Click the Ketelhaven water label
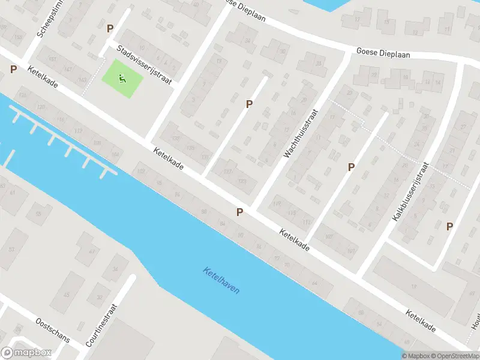[221, 280]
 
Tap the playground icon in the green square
[122, 78]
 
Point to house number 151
[53, 59]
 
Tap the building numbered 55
[38, 214]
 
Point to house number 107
[350, 250]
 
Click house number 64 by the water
[314, 283]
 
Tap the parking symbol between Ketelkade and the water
[240, 212]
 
